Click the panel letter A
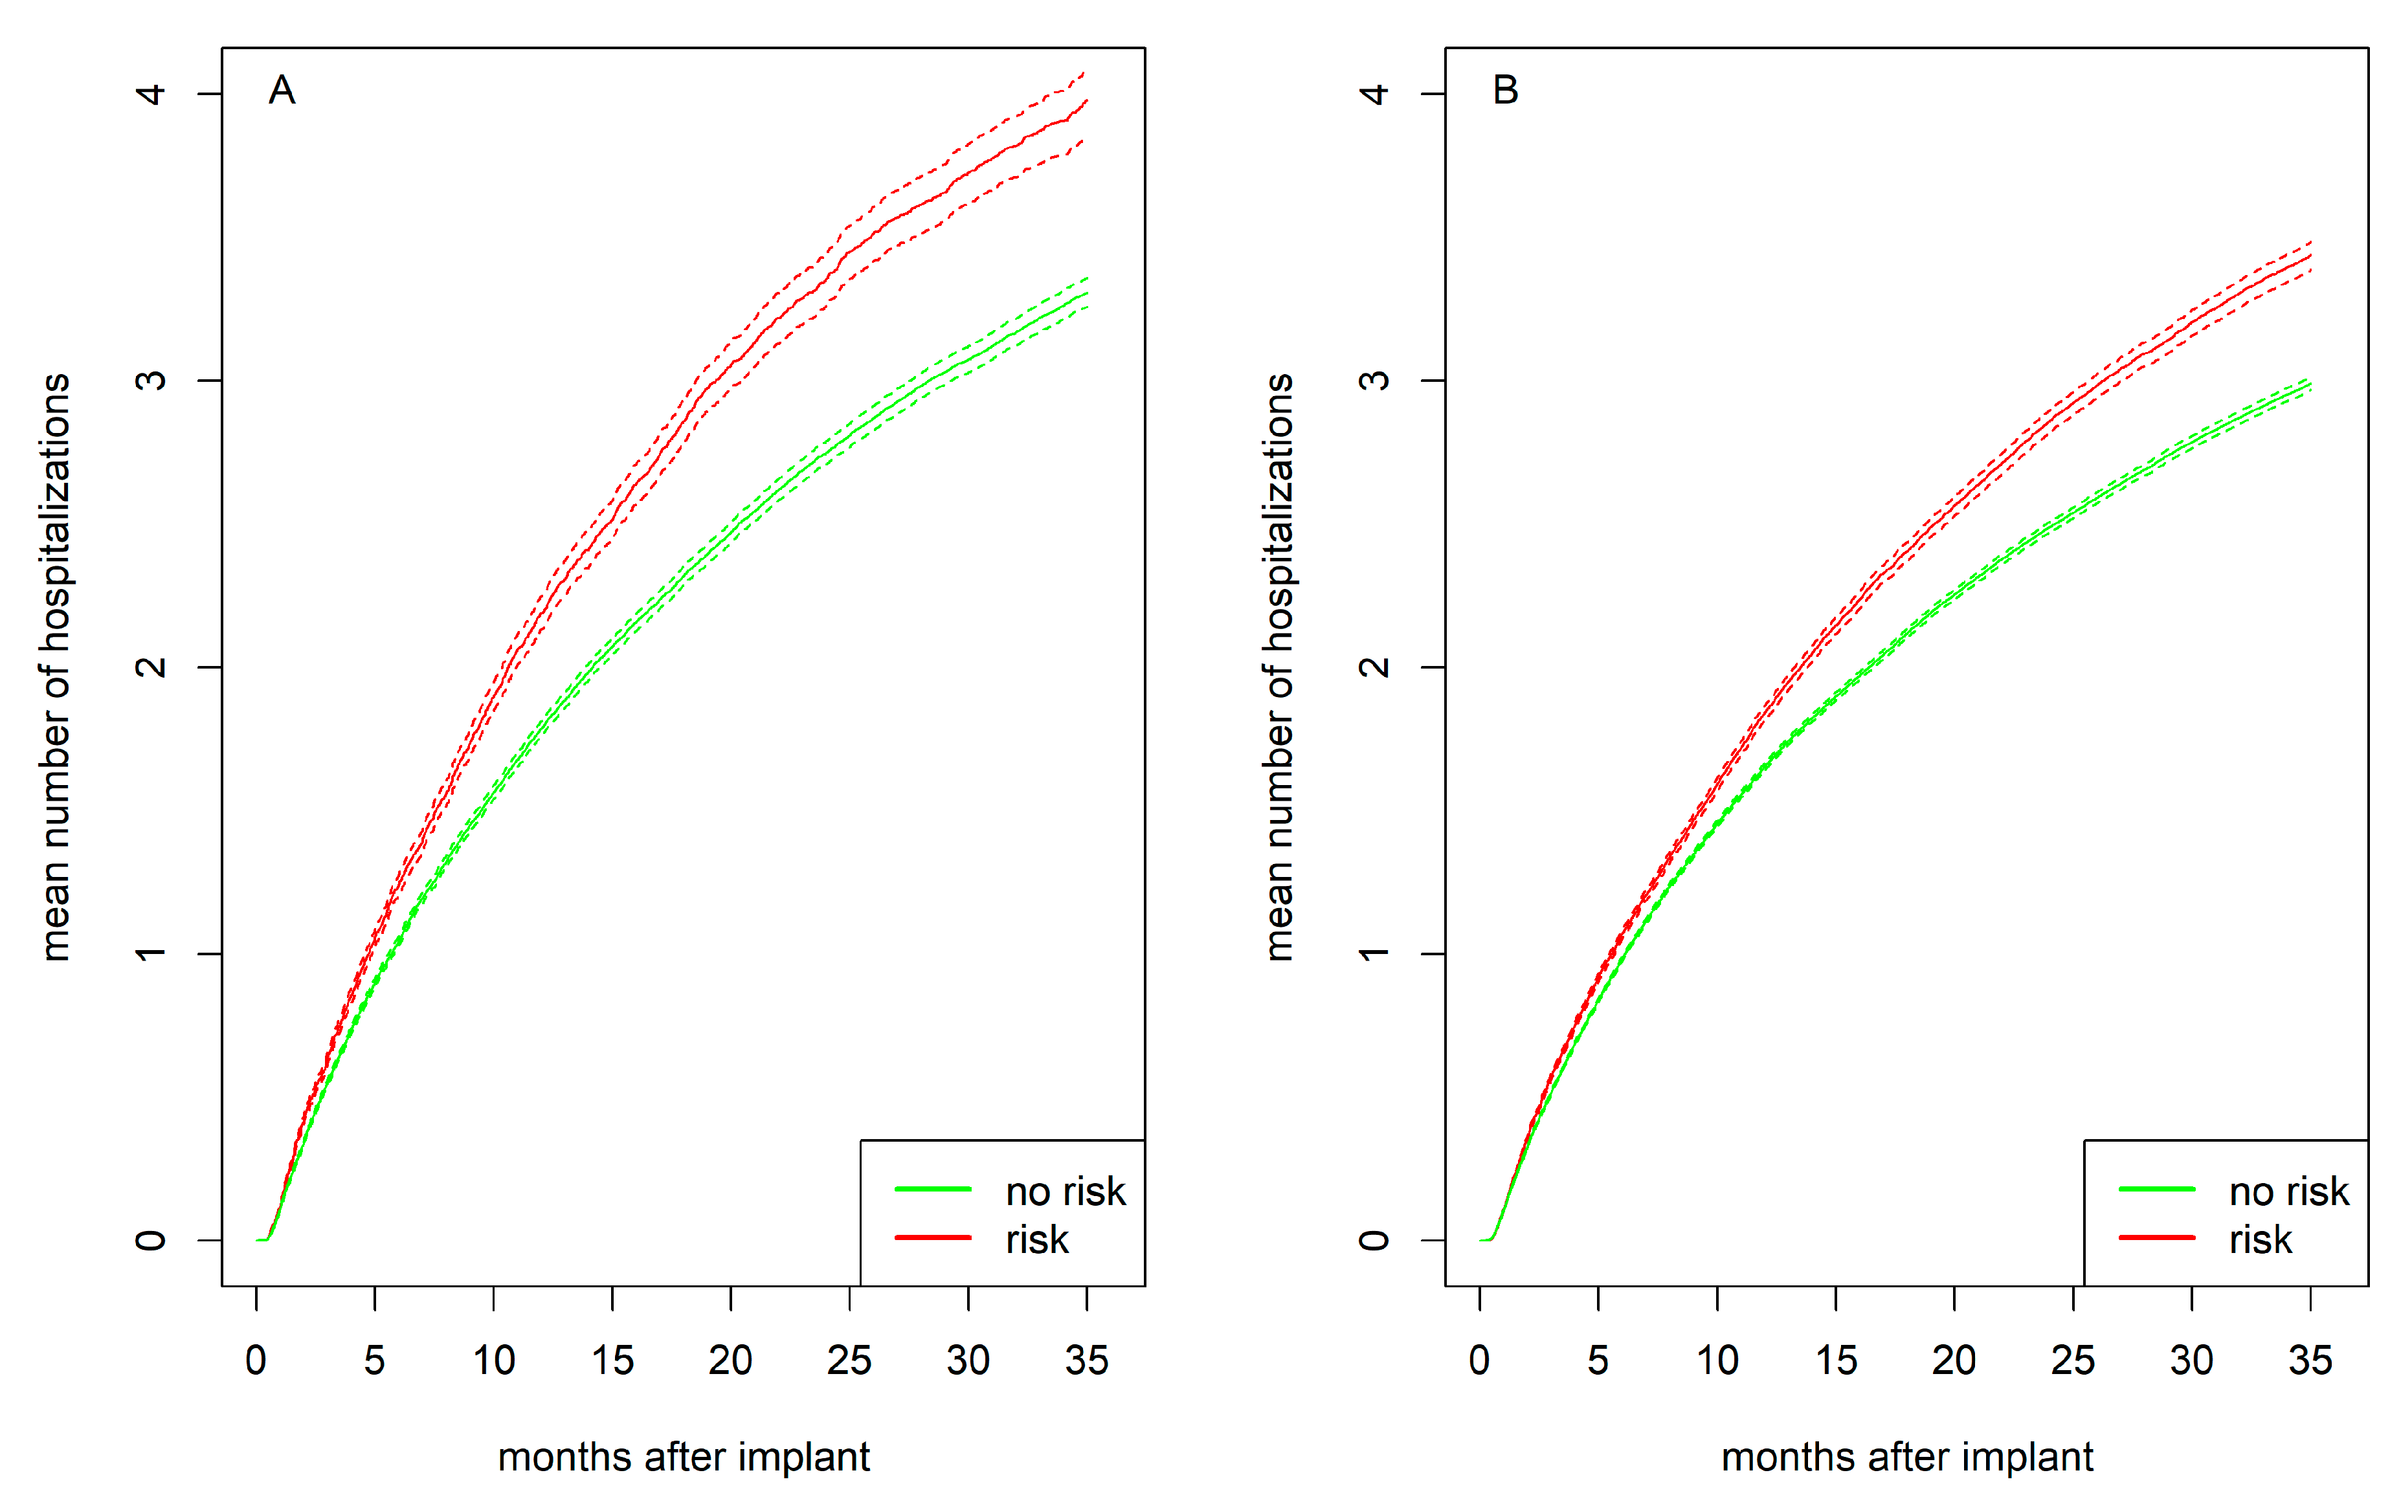[282, 91]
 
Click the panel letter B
[1505, 91]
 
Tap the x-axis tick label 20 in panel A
[731, 1360]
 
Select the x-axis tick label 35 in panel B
[2310, 1360]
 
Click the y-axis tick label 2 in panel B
[1374, 667]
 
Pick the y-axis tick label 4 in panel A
[150, 94]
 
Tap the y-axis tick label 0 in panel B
[1374, 1239]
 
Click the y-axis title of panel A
[56, 667]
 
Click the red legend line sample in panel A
[933, 1237]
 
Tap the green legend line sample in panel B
[2156, 1189]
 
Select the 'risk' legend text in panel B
[2261, 1239]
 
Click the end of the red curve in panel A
[1086, 101]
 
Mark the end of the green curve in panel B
[2309, 385]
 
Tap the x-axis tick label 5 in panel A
[374, 1360]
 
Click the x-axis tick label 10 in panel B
[1717, 1360]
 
